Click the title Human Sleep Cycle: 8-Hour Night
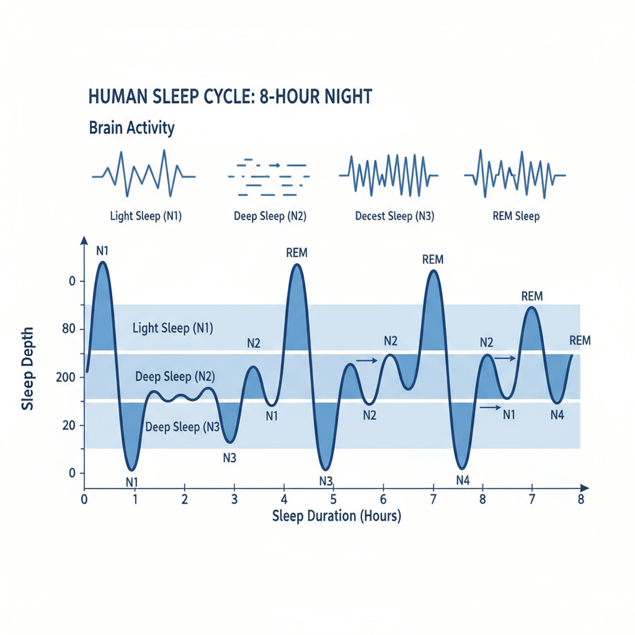point(230,97)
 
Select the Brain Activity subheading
point(131,128)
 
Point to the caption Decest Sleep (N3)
point(394,216)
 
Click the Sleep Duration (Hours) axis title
point(336,516)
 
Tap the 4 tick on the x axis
point(283,500)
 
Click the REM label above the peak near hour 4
point(297,253)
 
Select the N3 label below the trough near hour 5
point(326,481)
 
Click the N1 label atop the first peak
point(103,251)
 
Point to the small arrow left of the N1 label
point(490,407)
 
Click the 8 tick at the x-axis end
point(581,500)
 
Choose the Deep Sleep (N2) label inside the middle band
point(175,376)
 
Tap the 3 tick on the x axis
point(234,500)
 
